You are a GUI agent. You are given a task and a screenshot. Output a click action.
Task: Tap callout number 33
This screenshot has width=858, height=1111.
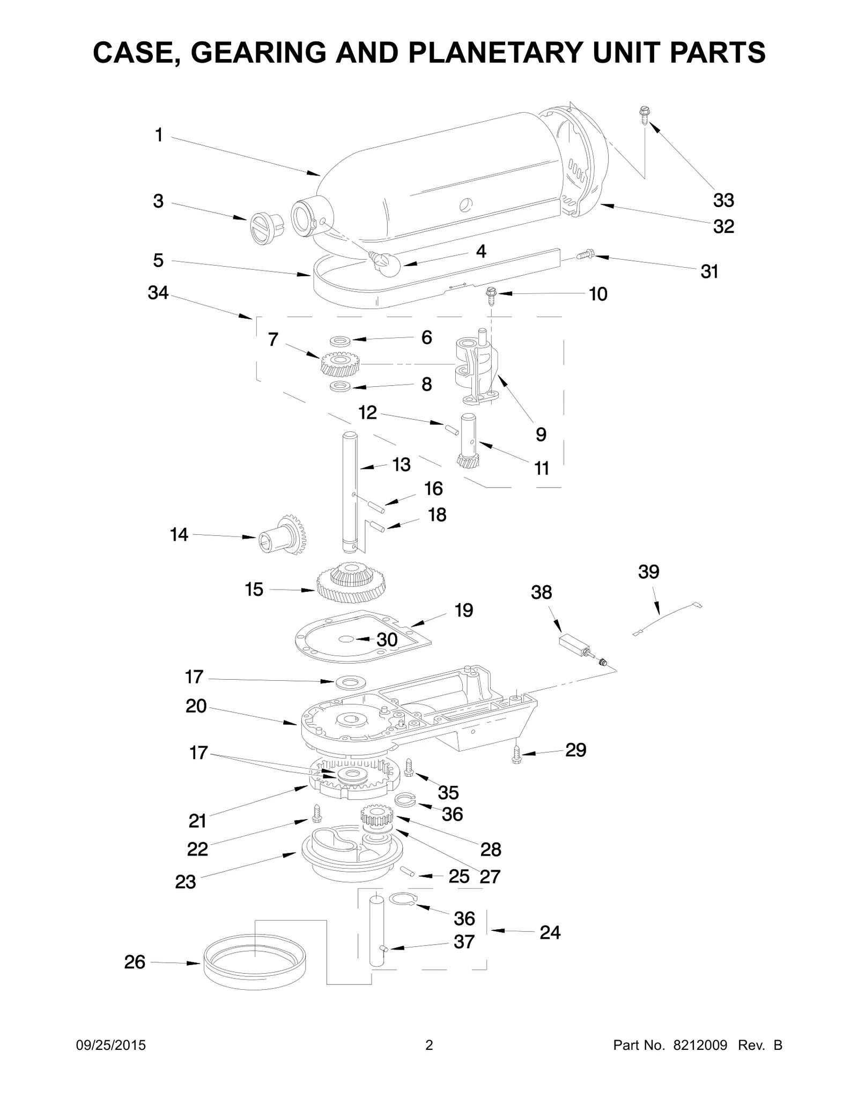click(723, 200)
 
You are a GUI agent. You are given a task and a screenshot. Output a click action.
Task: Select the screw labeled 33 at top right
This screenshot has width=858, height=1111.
click(643, 115)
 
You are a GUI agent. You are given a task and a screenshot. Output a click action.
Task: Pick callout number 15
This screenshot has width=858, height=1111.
click(254, 589)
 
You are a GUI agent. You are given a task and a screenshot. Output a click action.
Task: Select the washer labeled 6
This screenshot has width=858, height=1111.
click(339, 340)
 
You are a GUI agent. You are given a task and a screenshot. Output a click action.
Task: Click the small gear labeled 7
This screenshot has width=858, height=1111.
click(340, 363)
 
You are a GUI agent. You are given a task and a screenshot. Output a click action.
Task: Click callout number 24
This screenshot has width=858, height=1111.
click(550, 932)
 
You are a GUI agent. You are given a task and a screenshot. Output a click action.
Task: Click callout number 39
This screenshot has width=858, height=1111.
click(649, 572)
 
